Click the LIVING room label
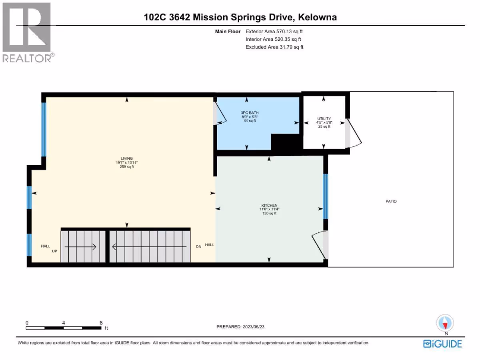pyautogui.click(x=127, y=158)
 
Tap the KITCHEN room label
pyautogui.click(x=269, y=205)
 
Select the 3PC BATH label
pyautogui.click(x=250, y=112)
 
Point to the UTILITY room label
pyautogui.click(x=324, y=118)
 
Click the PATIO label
pyautogui.click(x=391, y=201)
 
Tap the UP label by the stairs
pyautogui.click(x=54, y=251)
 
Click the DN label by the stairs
pyautogui.click(x=198, y=246)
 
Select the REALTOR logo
pyautogui.click(x=28, y=33)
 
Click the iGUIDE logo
pyautogui.click(x=442, y=344)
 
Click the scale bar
pyautogui.click(x=64, y=328)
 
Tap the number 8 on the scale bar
pyautogui.click(x=101, y=323)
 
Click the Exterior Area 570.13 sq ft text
pyautogui.click(x=274, y=32)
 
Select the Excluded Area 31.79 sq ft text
pyautogui.click(x=274, y=47)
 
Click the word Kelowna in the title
pyautogui.click(x=317, y=17)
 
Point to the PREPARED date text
pyautogui.click(x=240, y=326)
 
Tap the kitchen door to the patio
pyautogui.click(x=318, y=244)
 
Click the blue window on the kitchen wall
pyautogui.click(x=325, y=196)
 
